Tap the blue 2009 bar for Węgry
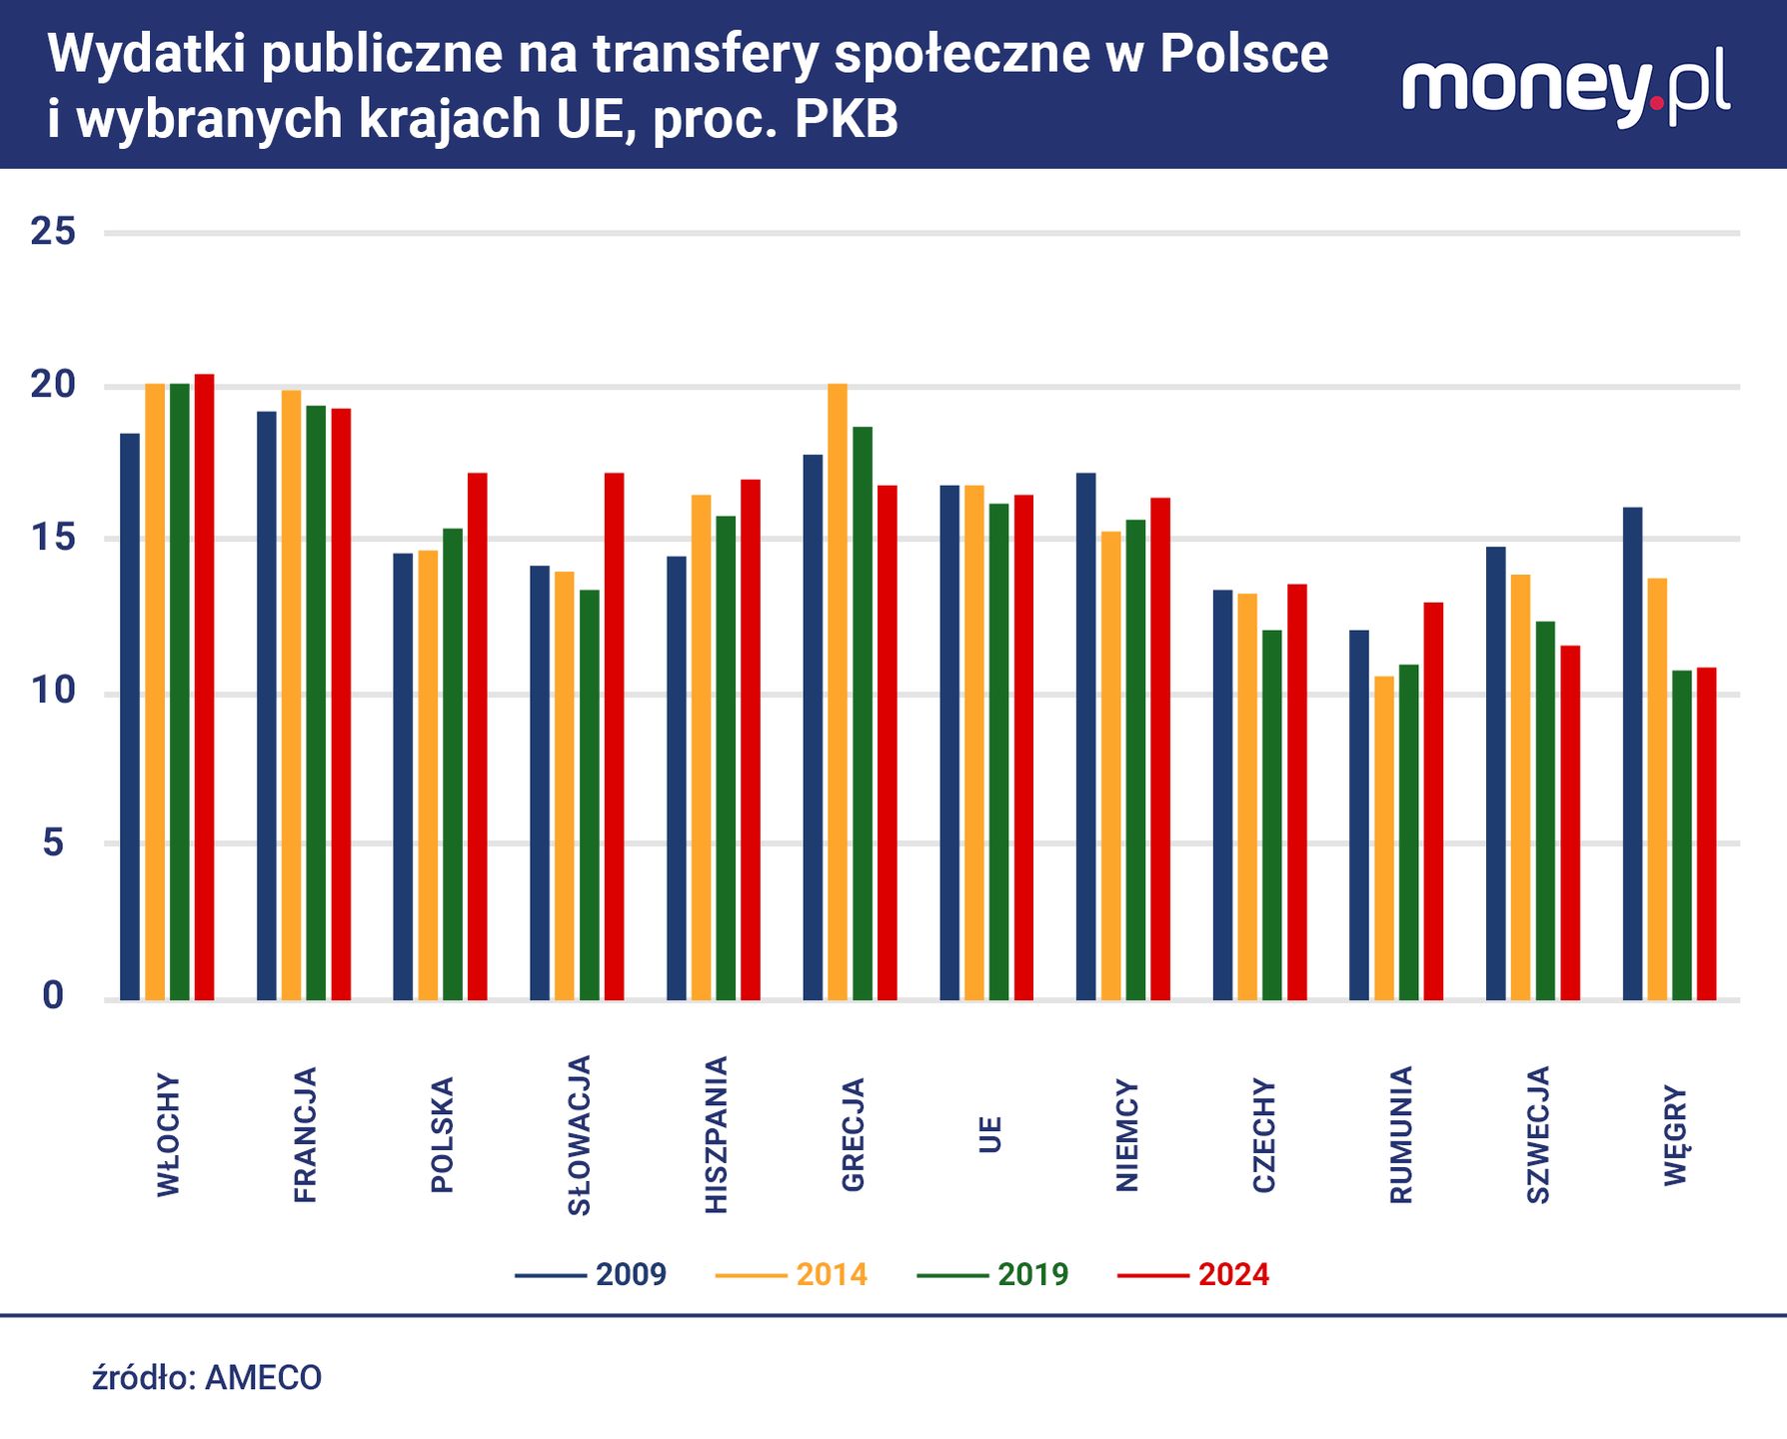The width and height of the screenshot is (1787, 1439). [x=1632, y=753]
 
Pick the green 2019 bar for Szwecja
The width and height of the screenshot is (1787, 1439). [x=1546, y=810]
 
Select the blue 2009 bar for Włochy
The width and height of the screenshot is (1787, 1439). [x=130, y=717]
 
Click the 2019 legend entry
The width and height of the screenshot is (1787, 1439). [x=992, y=1275]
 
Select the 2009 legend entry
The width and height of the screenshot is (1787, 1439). [x=591, y=1275]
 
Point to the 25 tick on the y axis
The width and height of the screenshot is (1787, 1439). [x=53, y=232]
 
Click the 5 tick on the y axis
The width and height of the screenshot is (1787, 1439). [x=53, y=843]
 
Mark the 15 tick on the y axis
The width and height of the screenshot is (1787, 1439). [x=53, y=539]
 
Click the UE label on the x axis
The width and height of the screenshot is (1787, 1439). [x=989, y=1135]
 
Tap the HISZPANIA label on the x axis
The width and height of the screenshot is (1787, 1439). [x=716, y=1135]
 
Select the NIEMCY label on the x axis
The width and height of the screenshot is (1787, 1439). [x=1126, y=1135]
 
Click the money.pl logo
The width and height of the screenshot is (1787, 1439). [x=1565, y=88]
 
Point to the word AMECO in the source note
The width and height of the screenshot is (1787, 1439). [x=264, y=1378]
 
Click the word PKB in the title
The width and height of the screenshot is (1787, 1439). [x=847, y=119]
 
